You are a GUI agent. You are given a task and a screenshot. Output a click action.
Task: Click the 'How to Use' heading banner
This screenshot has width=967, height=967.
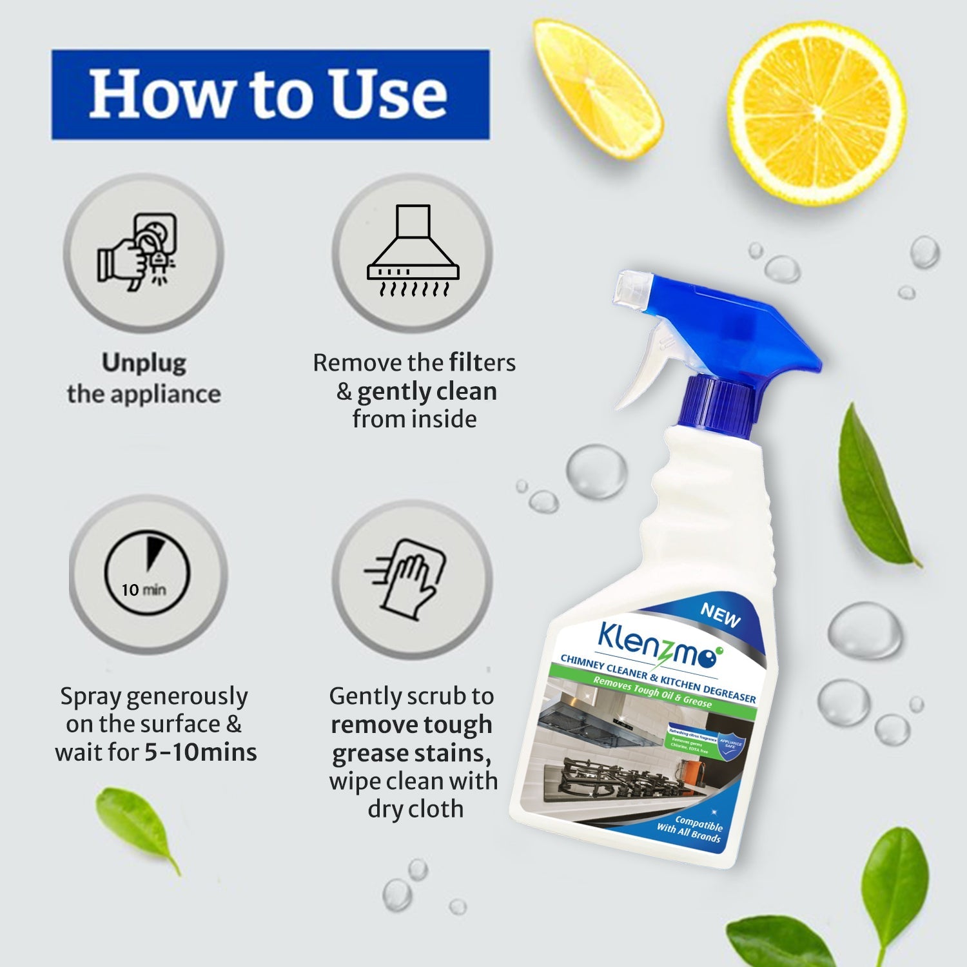pyautogui.click(x=270, y=94)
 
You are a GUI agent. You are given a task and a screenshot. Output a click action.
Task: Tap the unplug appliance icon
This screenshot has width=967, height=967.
pyautogui.click(x=143, y=253)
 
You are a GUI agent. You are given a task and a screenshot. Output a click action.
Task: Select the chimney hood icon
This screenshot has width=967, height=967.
pyautogui.click(x=413, y=253)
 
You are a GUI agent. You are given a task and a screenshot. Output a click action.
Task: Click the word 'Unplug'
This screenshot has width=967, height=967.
pyautogui.click(x=144, y=363)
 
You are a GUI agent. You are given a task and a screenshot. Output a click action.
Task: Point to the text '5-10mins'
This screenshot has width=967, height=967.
pyautogui.click(x=200, y=752)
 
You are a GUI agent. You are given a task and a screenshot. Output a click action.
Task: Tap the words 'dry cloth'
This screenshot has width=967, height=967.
pyautogui.click(x=415, y=808)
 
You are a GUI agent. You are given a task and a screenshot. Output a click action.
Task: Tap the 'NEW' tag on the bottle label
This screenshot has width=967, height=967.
pyautogui.click(x=720, y=615)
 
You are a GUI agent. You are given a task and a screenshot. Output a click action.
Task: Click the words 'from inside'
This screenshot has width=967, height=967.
pyautogui.click(x=415, y=419)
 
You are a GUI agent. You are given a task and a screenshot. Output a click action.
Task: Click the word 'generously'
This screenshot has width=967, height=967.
pyautogui.click(x=187, y=696)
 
